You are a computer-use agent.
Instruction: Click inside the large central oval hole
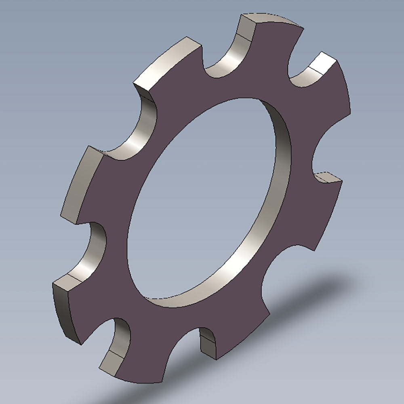click(x=202, y=202)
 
